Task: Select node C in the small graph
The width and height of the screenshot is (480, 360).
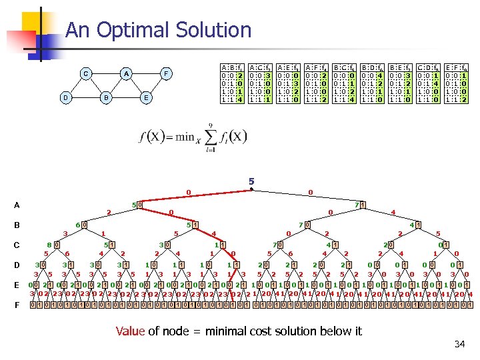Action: [85, 73]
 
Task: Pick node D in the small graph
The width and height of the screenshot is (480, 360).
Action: [65, 97]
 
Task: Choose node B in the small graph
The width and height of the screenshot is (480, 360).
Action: [105, 97]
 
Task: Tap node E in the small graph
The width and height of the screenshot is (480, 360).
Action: [146, 97]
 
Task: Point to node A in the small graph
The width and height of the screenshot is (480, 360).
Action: [126, 73]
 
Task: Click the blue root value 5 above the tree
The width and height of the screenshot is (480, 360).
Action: [251, 181]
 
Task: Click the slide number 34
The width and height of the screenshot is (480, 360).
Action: [459, 344]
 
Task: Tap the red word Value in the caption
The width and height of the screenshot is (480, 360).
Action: [129, 331]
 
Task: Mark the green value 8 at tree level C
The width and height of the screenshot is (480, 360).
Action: [49, 245]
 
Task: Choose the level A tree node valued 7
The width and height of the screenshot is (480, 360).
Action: [357, 204]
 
